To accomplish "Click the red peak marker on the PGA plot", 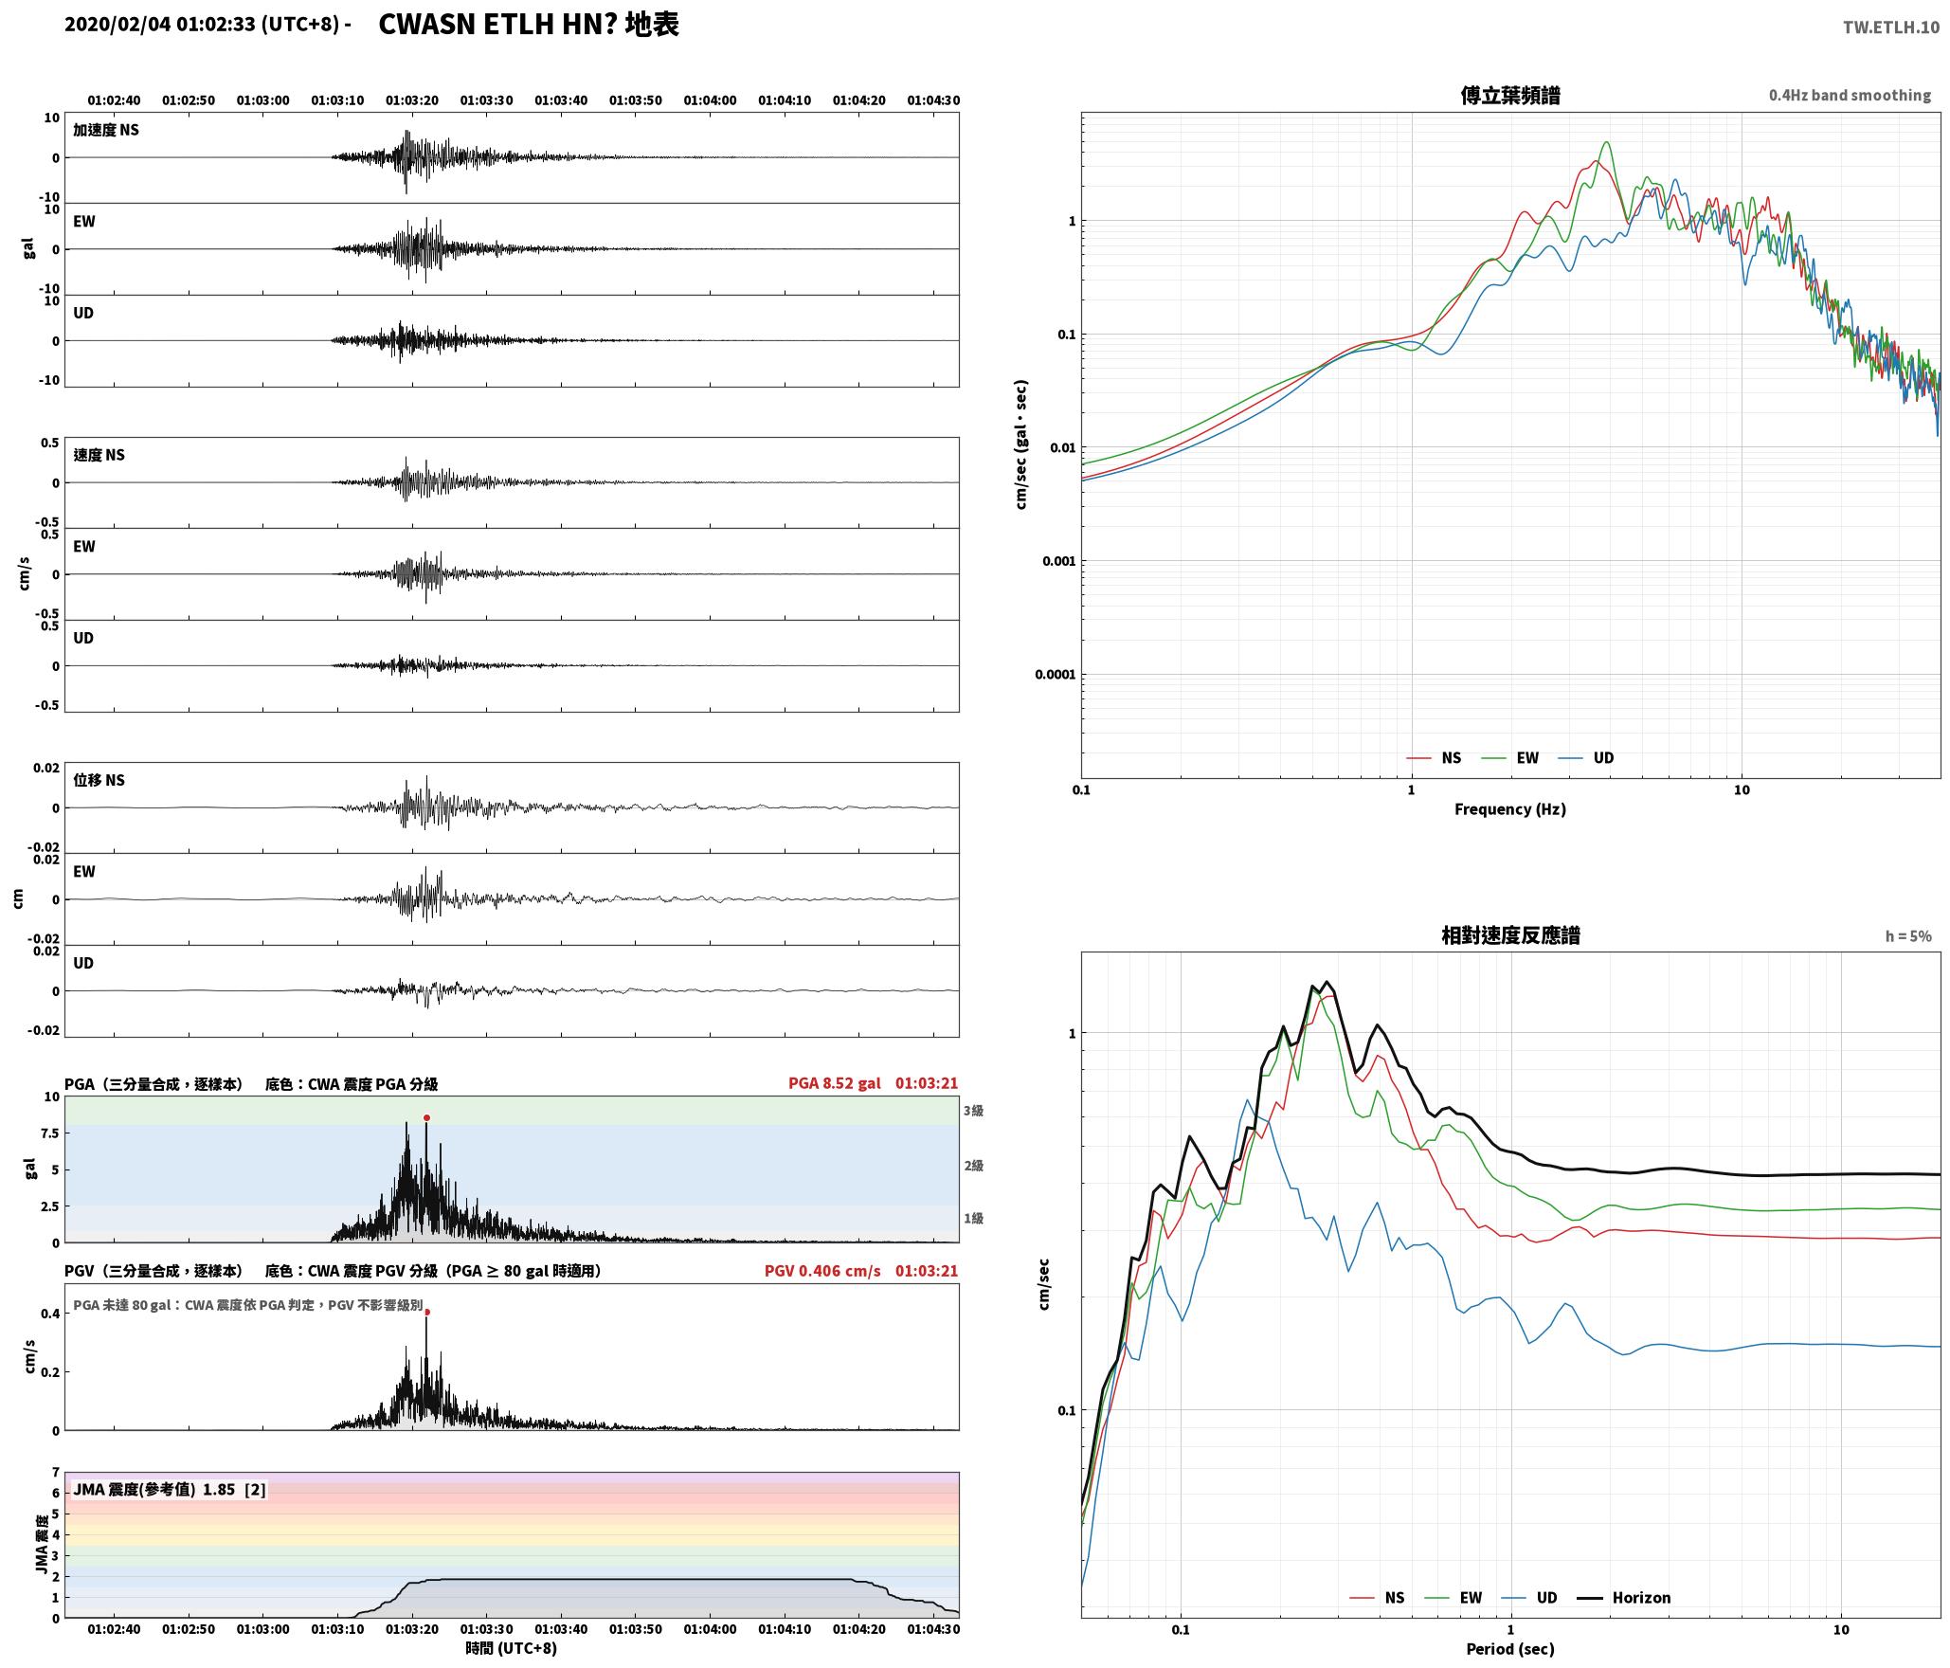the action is (426, 1118).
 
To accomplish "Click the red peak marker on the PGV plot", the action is (426, 1313).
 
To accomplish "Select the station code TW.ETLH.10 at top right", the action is (1891, 27).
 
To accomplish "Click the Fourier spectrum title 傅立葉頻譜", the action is (1510, 96).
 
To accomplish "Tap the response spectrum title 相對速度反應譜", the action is (1510, 935).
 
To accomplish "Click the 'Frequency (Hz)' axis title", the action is (1510, 809).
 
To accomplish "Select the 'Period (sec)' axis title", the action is (1510, 1649).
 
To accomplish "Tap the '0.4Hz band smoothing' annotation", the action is (1850, 96).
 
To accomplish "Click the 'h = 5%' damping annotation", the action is (1908, 936).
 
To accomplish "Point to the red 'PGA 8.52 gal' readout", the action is (835, 1083).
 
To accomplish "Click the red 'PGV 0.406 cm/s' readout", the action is (822, 1271).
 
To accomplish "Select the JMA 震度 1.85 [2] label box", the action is (170, 1490).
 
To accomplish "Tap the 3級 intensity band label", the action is (973, 1111).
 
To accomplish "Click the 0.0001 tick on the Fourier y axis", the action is (1055, 675).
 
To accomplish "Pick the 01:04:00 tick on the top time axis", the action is (710, 100).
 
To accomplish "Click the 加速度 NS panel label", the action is (106, 130).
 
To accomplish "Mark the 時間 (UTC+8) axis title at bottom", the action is (511, 1648).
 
